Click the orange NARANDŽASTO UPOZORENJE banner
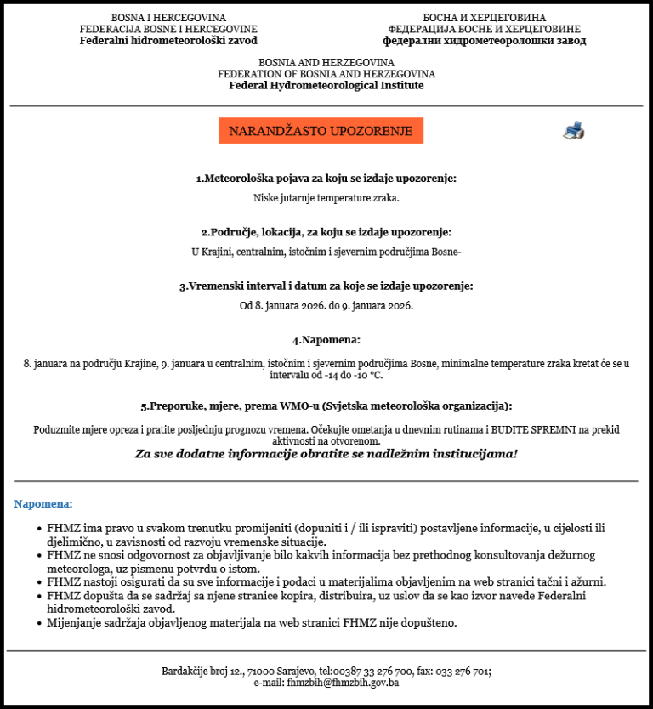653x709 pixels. (x=321, y=131)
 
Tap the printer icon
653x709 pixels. (x=573, y=130)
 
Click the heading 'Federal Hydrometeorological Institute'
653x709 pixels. (x=326, y=85)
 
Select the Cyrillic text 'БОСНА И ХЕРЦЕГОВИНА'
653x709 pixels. (x=484, y=18)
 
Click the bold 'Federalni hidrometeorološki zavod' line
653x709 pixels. (x=168, y=40)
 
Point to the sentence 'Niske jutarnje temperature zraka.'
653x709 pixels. (x=326, y=198)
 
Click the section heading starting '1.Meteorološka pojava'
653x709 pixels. (x=326, y=179)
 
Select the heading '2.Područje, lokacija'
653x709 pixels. (x=326, y=232)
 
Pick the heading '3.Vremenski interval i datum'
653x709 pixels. (x=326, y=286)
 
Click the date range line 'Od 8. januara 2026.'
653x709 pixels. (x=326, y=305)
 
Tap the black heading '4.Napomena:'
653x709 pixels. (x=326, y=340)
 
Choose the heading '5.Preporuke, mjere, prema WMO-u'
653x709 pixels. (x=326, y=406)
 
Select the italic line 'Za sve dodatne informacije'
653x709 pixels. (x=326, y=454)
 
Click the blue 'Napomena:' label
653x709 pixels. (x=43, y=504)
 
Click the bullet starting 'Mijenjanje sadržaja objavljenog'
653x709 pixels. (x=252, y=623)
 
